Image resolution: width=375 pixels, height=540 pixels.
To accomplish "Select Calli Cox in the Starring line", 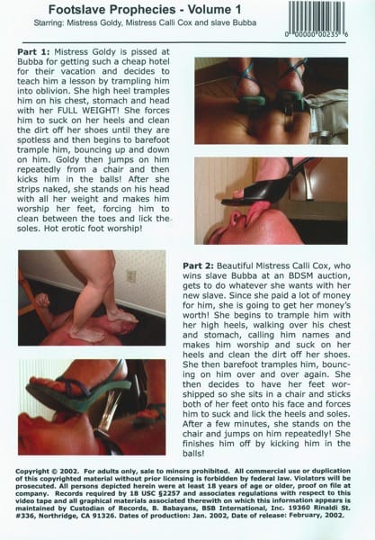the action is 172,23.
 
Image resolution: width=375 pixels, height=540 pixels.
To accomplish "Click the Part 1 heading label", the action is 33,51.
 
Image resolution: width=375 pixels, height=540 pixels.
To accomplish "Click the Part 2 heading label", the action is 198,265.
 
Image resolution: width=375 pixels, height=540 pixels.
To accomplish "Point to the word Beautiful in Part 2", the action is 235,265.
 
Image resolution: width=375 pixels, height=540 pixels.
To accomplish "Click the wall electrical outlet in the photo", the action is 130,276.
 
